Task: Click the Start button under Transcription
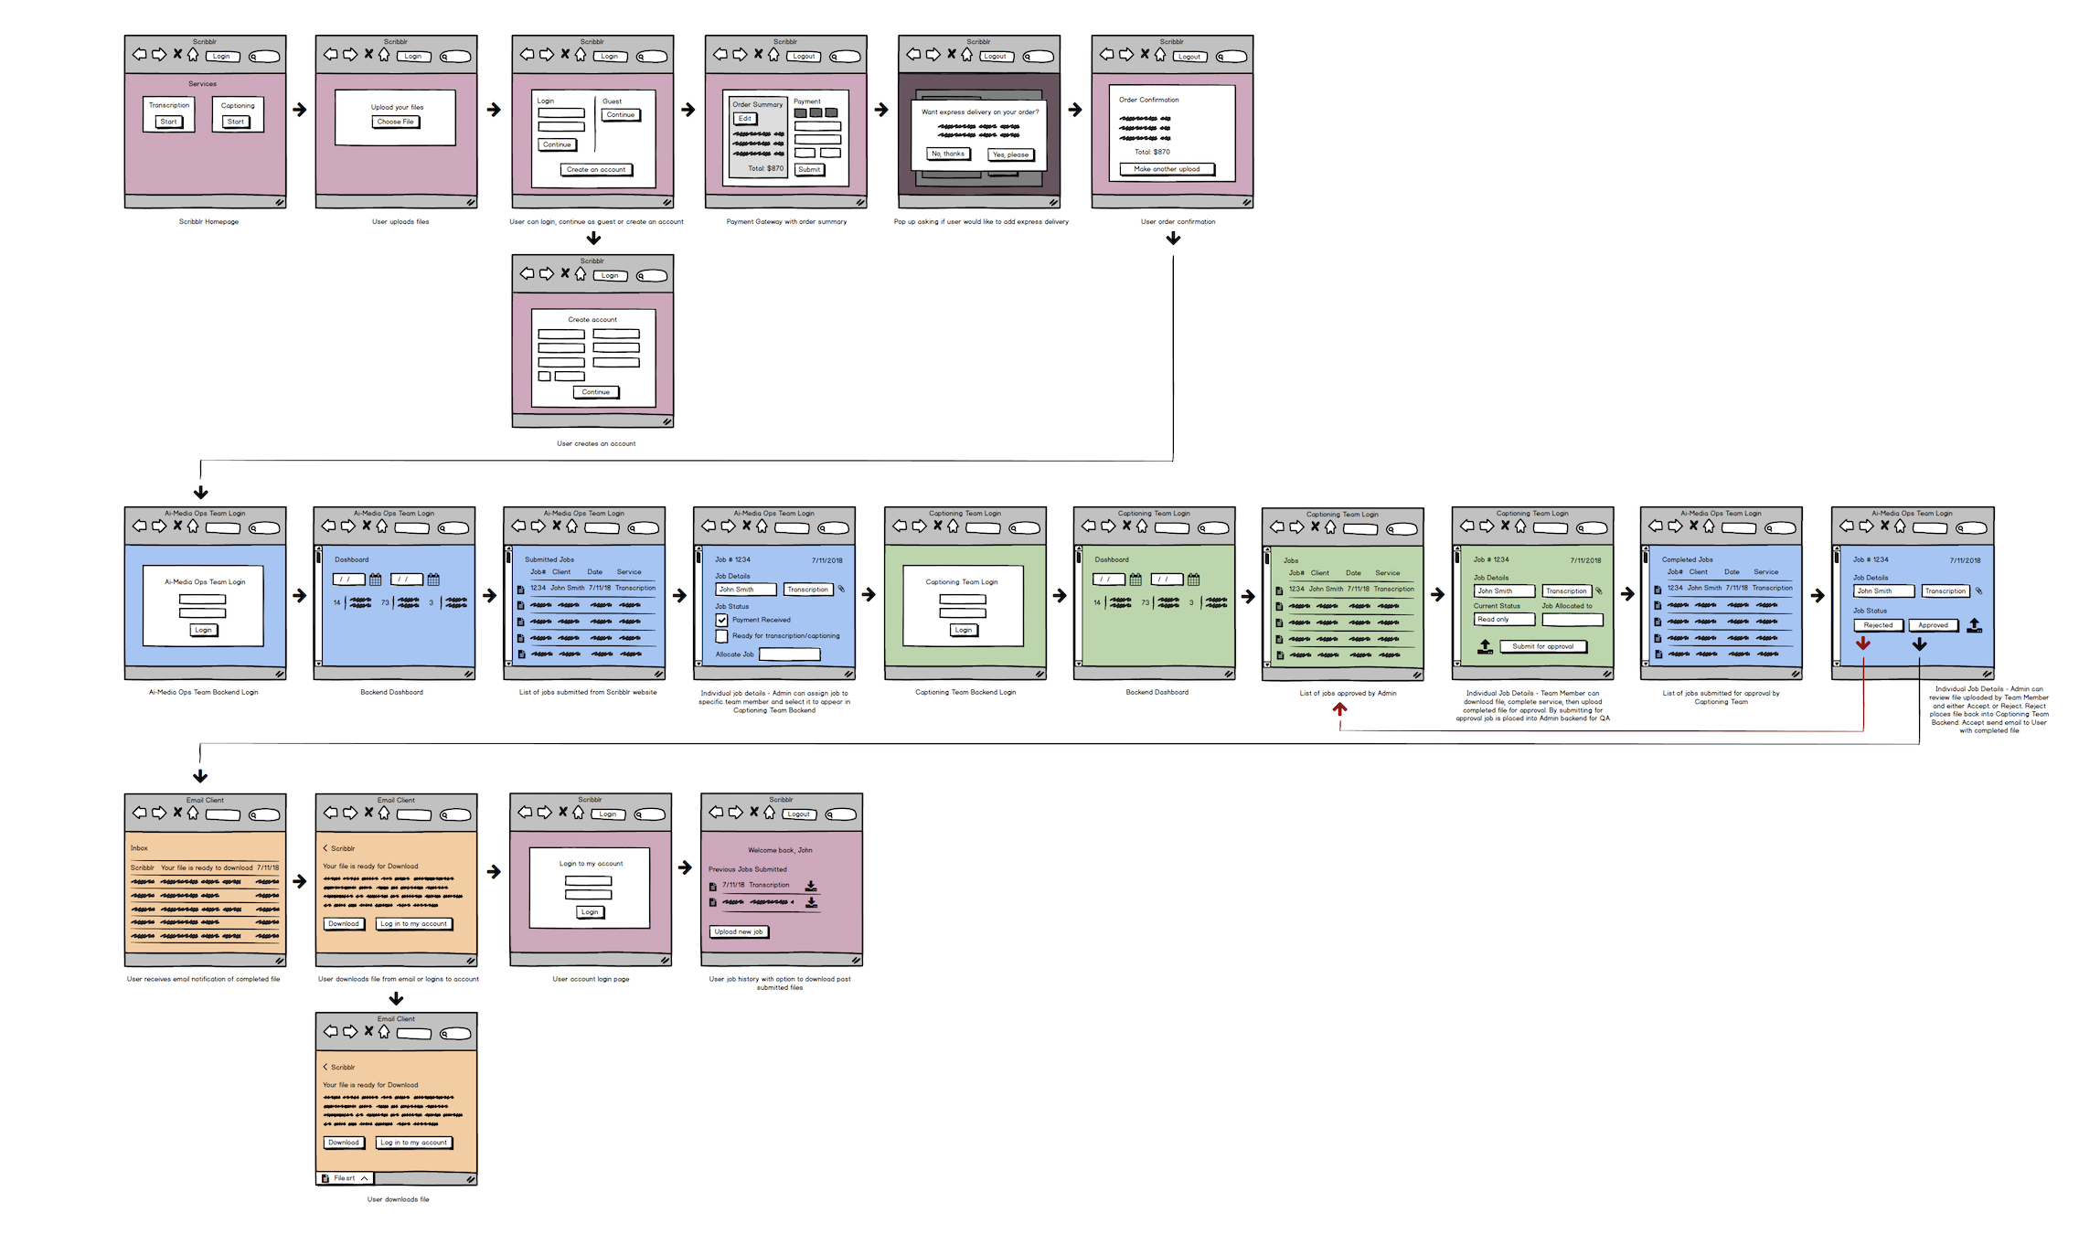[x=169, y=122]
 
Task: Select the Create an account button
[x=596, y=170]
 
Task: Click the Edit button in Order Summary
[x=745, y=119]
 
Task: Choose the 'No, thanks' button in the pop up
[x=948, y=154]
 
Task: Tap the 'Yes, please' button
[x=1010, y=154]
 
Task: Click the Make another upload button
[x=1167, y=169]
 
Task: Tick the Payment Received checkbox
[x=722, y=620]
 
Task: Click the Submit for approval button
[x=1542, y=646]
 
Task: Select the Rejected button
[x=1878, y=625]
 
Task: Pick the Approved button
[x=1933, y=625]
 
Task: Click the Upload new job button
[x=739, y=931]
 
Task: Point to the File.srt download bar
[x=346, y=1178]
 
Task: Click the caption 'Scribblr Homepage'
[x=208, y=222]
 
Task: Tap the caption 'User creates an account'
[x=596, y=444]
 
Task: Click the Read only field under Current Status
[x=1503, y=620]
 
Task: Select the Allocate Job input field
[x=789, y=654]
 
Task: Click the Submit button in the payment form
[x=809, y=169]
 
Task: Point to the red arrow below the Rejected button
[x=1863, y=644]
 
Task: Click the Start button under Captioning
[x=236, y=122]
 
